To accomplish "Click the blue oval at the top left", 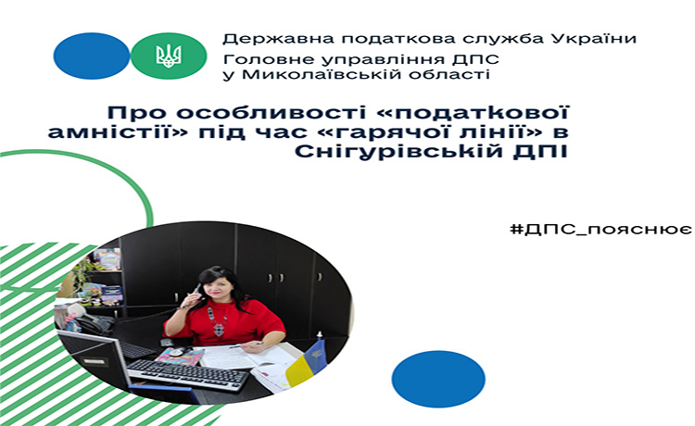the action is tap(92, 56).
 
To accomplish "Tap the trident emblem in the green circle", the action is tap(169, 56).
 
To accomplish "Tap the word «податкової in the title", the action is tap(474, 113).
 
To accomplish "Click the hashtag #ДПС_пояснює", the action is tap(600, 230).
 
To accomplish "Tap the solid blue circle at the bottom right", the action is tap(438, 379).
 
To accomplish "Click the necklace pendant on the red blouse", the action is tap(219, 329).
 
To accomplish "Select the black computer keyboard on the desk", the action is tap(188, 375).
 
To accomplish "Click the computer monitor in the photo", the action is tap(95, 358).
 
